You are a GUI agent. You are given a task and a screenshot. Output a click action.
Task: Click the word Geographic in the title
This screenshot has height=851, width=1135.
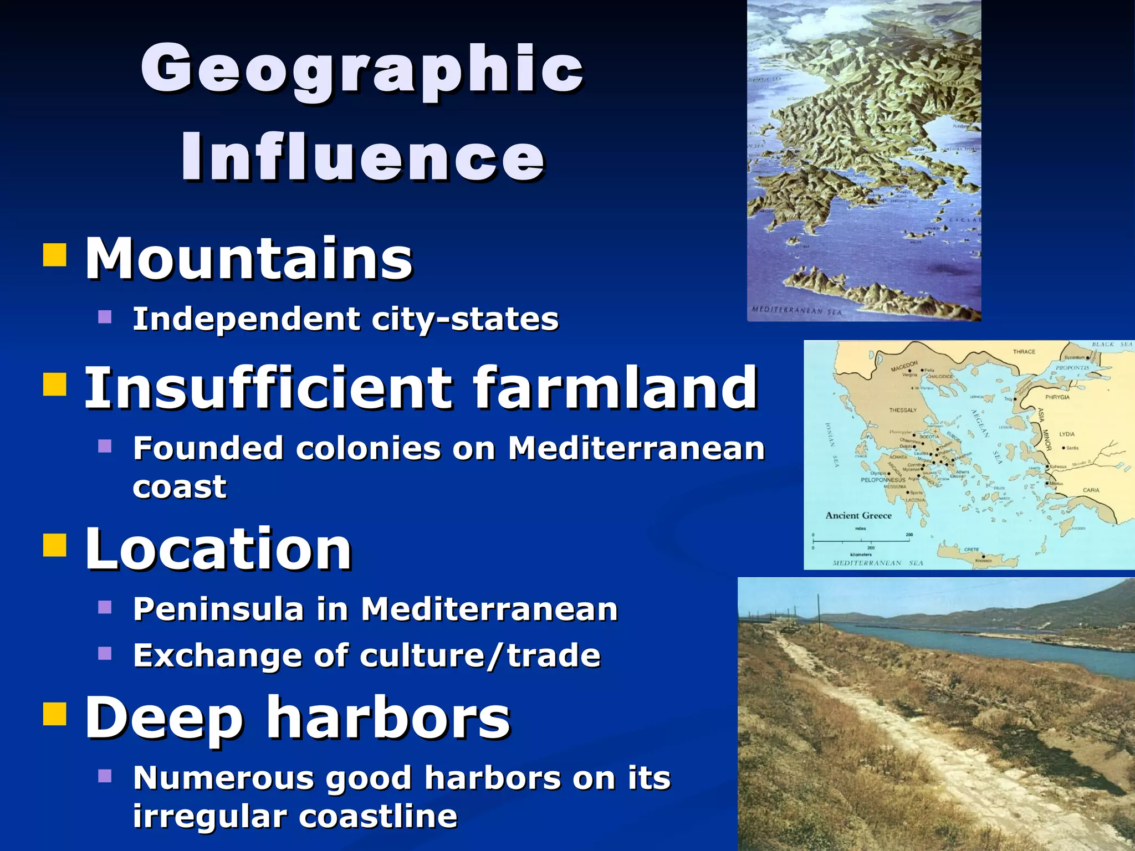362,69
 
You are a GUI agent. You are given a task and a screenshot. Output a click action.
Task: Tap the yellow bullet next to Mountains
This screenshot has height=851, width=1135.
55,255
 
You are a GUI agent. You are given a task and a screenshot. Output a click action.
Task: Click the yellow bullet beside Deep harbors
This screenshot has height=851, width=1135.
55,714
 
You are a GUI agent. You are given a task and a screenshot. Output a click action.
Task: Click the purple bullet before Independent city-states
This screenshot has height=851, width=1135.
105,317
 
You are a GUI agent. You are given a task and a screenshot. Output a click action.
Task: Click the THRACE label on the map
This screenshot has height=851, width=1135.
1024,352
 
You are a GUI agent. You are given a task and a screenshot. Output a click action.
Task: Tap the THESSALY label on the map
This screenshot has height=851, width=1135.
903,411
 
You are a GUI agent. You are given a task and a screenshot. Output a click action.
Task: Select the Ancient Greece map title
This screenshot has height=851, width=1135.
858,516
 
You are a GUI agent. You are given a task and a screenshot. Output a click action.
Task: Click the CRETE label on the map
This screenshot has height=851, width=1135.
972,550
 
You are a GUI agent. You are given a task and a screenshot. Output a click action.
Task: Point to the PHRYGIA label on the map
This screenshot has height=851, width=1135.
1057,397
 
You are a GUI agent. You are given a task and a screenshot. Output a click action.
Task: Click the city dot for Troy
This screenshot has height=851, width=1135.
1015,399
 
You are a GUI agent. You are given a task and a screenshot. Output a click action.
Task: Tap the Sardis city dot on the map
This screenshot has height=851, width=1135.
1063,448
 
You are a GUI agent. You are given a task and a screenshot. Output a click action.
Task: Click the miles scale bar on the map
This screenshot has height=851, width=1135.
861,540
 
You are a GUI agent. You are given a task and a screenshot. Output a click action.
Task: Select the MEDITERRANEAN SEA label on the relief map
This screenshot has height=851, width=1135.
796,311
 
